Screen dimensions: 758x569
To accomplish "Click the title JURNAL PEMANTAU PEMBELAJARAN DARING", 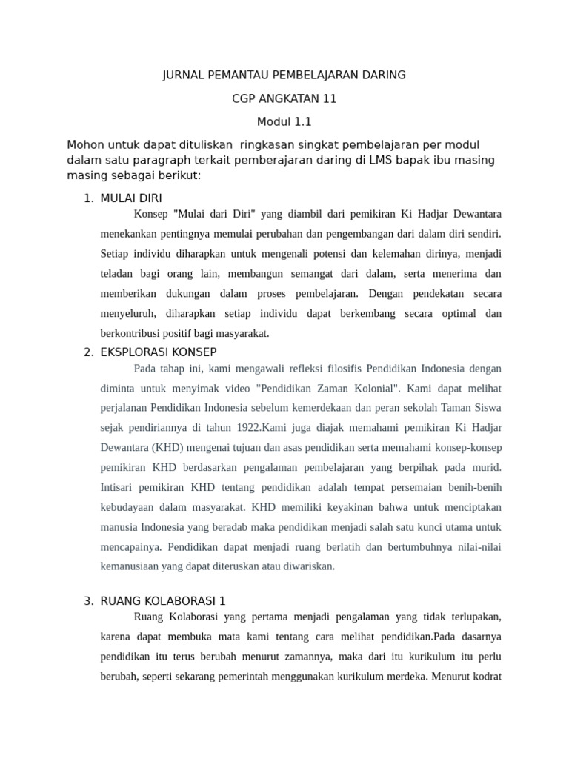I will tap(284, 75).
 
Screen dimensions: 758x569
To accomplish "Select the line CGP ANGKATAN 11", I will tap(284, 98).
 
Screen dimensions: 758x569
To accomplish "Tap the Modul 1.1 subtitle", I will tap(284, 122).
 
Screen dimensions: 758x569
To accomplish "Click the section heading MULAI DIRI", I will tap(131, 198).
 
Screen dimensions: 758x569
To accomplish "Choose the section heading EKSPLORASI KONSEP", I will tap(159, 352).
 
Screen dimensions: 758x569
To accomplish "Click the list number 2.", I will tap(89, 352).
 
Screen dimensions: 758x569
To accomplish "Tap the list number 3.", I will tap(89, 600).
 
